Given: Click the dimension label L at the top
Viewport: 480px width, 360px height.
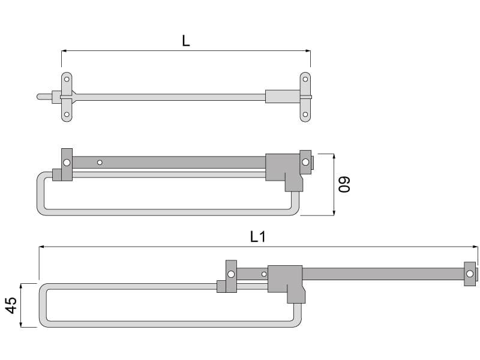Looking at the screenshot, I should click(x=186, y=41).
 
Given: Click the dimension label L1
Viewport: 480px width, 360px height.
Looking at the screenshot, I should click(x=258, y=236).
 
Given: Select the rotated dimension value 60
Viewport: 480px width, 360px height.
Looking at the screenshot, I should click(x=344, y=184).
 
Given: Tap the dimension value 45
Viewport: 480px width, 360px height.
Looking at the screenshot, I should click(x=11, y=305).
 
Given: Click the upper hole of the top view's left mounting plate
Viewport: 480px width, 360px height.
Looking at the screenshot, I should click(x=67, y=79).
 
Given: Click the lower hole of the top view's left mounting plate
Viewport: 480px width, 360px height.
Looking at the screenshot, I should click(x=67, y=115).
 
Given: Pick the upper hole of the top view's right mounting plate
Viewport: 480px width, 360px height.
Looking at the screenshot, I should click(x=305, y=79).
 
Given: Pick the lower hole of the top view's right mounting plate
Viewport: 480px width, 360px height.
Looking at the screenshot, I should click(x=305, y=115).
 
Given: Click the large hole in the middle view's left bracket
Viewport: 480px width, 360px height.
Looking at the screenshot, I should click(x=67, y=162).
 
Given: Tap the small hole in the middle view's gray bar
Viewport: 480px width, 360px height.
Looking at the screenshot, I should click(x=100, y=162).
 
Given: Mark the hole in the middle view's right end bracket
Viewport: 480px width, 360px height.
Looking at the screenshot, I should click(x=305, y=162).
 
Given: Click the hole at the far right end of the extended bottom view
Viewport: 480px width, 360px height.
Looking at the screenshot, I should click(x=470, y=274).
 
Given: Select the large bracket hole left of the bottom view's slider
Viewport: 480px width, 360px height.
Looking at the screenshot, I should click(x=231, y=274).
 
